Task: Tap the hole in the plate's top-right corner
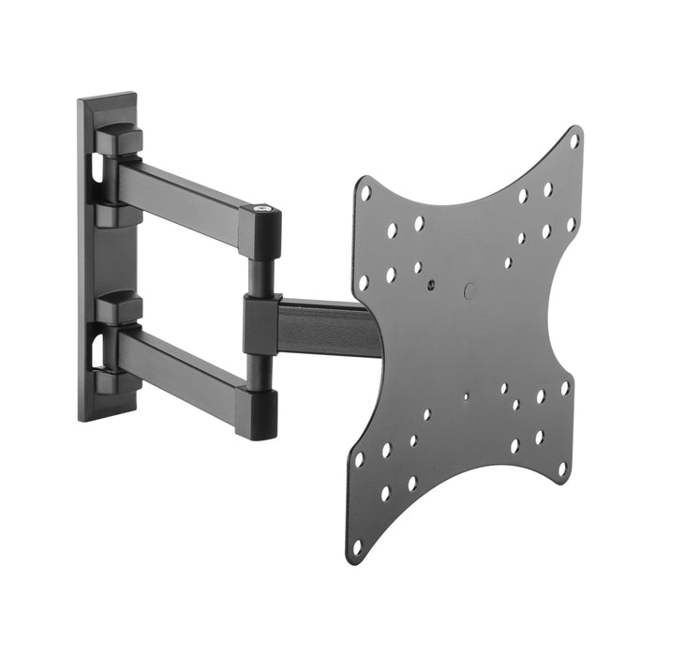[574, 142]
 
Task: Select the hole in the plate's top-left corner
[365, 192]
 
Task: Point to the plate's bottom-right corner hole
[562, 466]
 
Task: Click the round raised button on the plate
[469, 291]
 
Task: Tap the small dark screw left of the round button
[429, 283]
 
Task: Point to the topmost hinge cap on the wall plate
[119, 140]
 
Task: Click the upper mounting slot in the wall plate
[97, 169]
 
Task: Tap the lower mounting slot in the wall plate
[97, 349]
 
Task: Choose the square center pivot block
[261, 324]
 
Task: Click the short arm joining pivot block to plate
[328, 327]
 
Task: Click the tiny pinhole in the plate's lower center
[466, 396]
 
